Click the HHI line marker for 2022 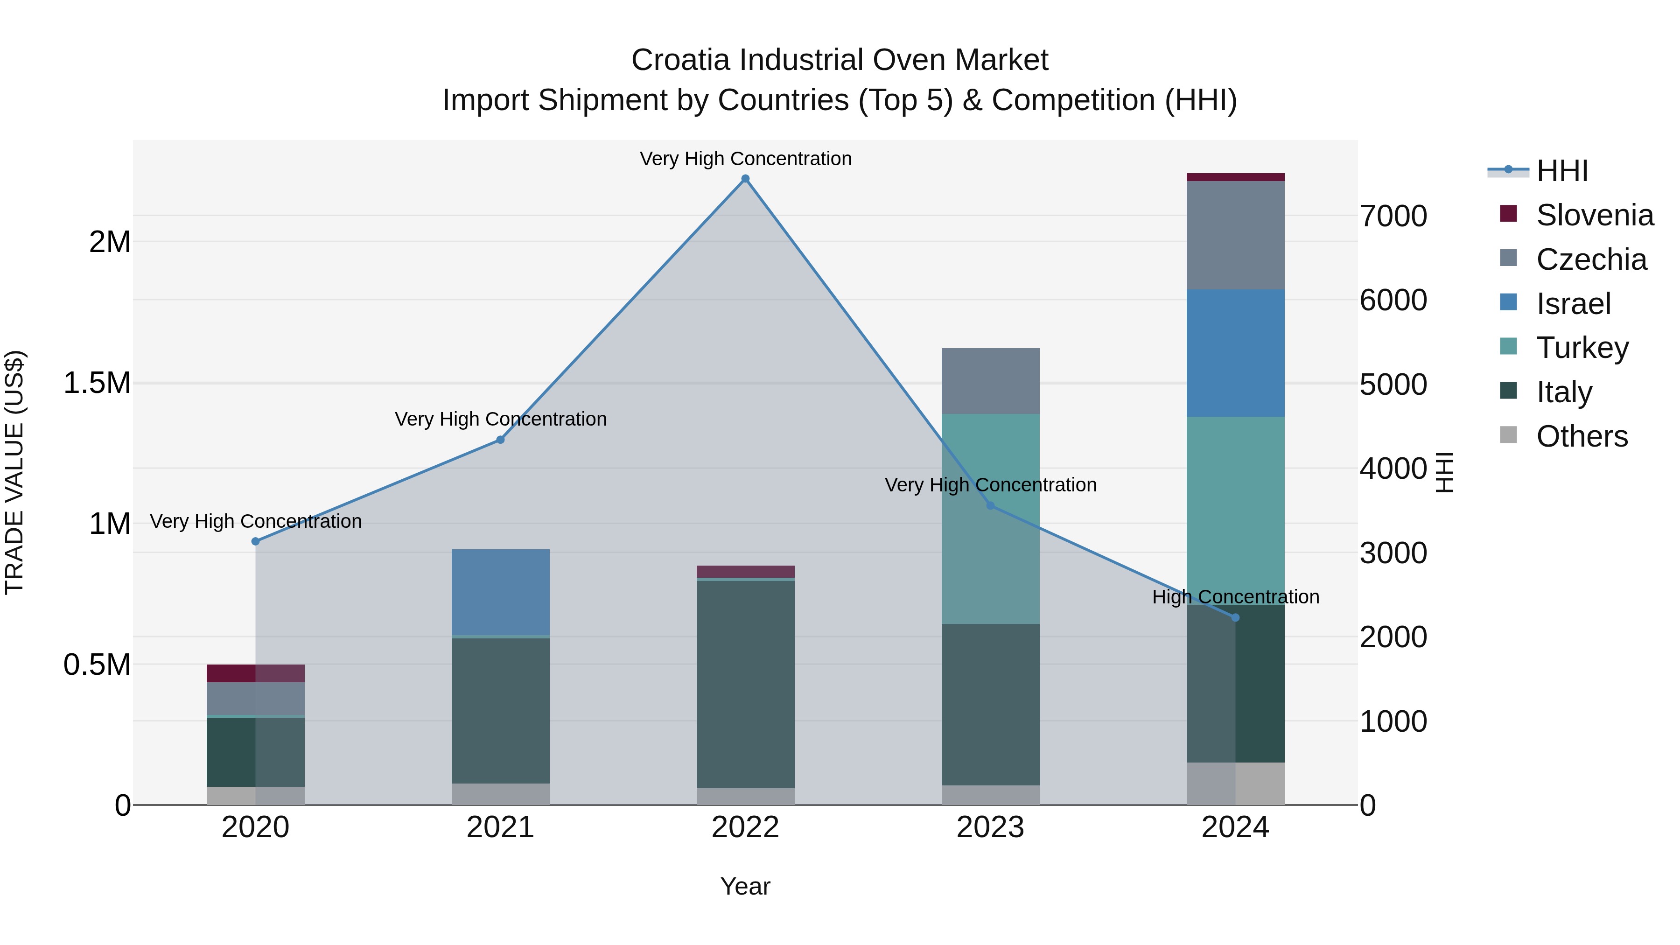coord(745,179)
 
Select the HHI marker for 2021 coord(500,440)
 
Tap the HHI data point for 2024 coord(1235,617)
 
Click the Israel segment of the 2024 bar coord(1235,353)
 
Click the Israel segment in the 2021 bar coord(500,592)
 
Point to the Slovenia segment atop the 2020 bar coord(256,673)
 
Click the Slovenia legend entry coord(1594,215)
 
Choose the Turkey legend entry coord(1582,348)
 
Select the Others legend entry coord(1582,436)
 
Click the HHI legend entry coord(1561,171)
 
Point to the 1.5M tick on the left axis coord(97,383)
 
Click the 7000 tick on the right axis coord(1393,216)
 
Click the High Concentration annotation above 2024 coord(1235,597)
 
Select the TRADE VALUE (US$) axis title coord(14,472)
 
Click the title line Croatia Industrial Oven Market coord(840,60)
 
